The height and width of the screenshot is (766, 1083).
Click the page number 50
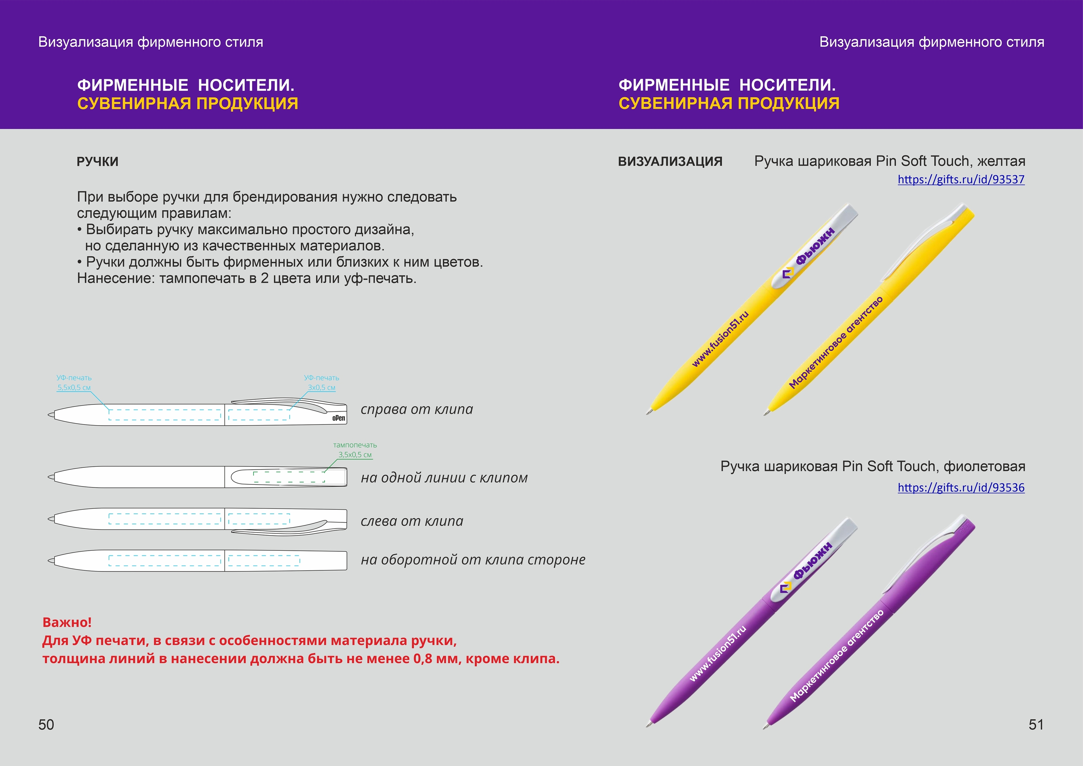(46, 724)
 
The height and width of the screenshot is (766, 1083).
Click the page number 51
(1036, 724)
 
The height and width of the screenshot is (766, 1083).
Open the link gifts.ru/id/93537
(961, 180)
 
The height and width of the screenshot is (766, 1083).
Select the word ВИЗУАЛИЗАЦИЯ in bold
(670, 162)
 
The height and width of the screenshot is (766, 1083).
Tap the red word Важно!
(67, 622)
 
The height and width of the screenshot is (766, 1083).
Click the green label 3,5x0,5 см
(355, 455)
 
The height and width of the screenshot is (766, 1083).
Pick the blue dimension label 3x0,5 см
(322, 388)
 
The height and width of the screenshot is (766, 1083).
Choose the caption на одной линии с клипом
(444, 478)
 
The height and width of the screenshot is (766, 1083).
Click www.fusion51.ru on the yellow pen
(720, 339)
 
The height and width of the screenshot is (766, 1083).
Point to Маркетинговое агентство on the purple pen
(836, 656)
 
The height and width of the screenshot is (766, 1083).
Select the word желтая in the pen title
(1001, 161)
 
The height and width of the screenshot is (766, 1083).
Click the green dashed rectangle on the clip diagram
(289, 477)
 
